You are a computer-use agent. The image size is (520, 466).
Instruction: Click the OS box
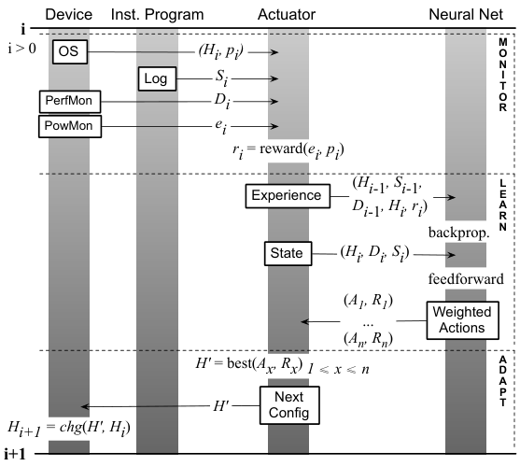pos(70,51)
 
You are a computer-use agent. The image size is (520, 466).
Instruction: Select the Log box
pos(157,78)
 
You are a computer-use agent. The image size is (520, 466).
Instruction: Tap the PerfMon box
pos(70,102)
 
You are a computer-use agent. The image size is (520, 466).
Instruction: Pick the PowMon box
pos(70,126)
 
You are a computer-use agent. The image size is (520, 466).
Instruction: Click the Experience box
pos(288,196)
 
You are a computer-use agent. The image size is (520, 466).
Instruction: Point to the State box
pos(288,253)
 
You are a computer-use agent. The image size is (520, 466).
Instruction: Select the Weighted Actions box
pos(463,320)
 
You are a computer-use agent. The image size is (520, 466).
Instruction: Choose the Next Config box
pos(289,405)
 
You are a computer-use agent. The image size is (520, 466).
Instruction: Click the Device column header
pos(69,15)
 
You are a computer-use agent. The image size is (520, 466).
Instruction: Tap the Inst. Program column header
pos(157,15)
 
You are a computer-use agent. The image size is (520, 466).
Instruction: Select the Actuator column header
pos(287,15)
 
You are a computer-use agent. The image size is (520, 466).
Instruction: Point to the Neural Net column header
pos(466,15)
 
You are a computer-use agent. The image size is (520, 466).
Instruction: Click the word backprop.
pos(459,233)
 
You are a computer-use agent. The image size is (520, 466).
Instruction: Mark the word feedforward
pos(466,278)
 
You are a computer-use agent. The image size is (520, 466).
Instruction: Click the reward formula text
pos(288,150)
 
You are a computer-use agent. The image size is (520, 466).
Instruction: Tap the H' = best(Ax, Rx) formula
pos(249,365)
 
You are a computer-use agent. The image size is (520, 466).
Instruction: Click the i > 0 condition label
pos(21,49)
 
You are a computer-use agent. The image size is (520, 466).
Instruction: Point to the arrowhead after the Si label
pos(274,78)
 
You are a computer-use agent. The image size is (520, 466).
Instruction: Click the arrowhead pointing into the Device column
pos(85,406)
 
